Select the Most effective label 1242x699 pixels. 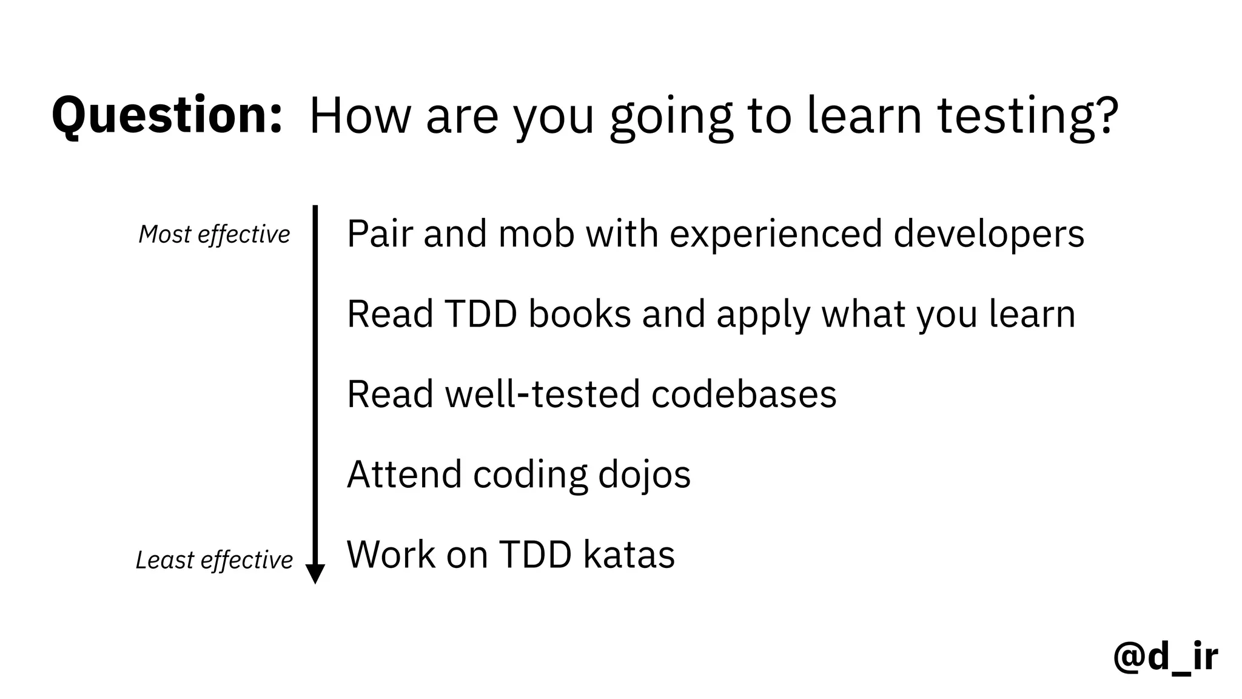[214, 234]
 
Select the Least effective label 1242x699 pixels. [214, 559]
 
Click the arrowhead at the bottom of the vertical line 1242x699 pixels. [315, 573]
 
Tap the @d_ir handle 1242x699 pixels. [1165, 657]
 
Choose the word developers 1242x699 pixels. [989, 235]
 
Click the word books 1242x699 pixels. [579, 314]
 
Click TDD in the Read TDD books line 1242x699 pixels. [480, 314]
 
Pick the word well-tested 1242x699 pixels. [542, 394]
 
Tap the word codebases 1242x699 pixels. [744, 394]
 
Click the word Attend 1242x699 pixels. [404, 474]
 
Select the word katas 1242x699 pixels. [629, 555]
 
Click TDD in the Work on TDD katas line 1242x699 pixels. [535, 555]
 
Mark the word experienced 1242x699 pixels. [776, 235]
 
